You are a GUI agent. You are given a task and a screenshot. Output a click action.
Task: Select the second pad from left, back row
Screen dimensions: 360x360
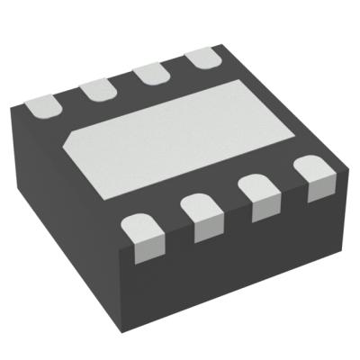click(x=94, y=89)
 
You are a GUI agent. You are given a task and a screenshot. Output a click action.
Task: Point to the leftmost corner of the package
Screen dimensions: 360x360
click(x=8, y=108)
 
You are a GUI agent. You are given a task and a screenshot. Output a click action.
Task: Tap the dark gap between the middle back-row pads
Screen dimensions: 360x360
click(x=120, y=84)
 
